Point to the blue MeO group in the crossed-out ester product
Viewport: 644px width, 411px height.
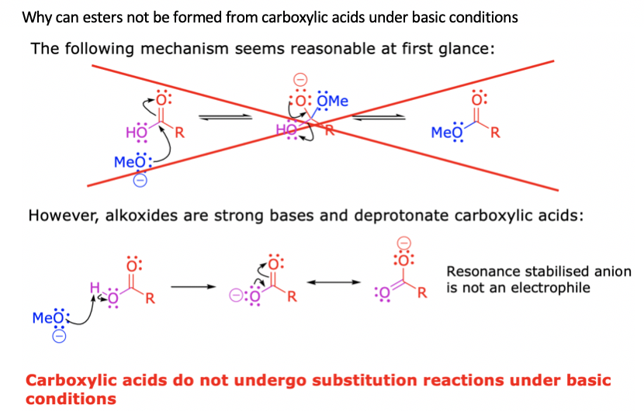(x=446, y=132)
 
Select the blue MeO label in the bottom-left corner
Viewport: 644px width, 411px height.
(x=43, y=317)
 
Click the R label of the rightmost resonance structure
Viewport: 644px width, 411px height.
(x=423, y=294)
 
